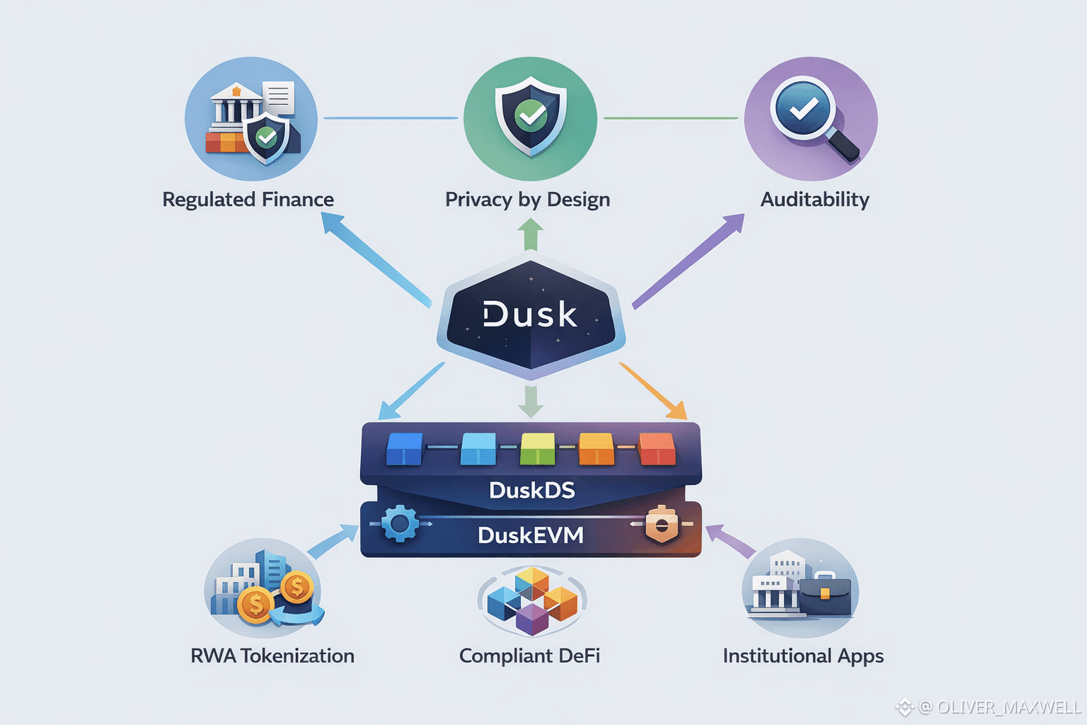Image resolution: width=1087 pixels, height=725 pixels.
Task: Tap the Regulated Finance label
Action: point(248,200)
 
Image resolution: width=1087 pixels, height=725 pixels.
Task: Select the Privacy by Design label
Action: point(527,200)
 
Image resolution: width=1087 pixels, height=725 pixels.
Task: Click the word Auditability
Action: point(815,200)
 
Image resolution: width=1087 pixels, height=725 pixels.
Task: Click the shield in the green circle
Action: point(531,115)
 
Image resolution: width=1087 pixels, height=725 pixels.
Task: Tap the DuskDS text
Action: point(531,490)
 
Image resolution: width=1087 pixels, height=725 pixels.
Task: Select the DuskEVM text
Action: point(531,535)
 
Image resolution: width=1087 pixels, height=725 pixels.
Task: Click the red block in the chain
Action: point(657,450)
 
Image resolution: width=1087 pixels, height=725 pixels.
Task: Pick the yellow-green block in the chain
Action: point(538,450)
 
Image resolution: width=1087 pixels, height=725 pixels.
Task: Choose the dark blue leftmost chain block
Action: point(405,450)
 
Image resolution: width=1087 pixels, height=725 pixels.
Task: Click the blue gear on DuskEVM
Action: point(400,524)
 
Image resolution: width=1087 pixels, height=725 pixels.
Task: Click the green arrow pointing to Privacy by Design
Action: point(531,235)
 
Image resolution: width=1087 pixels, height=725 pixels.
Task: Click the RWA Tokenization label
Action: point(272,656)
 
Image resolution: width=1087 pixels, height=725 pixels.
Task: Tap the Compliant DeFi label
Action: point(529,656)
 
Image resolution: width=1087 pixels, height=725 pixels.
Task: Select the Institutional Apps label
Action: point(803,656)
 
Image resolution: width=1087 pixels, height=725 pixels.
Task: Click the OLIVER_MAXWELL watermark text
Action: point(1008,707)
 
